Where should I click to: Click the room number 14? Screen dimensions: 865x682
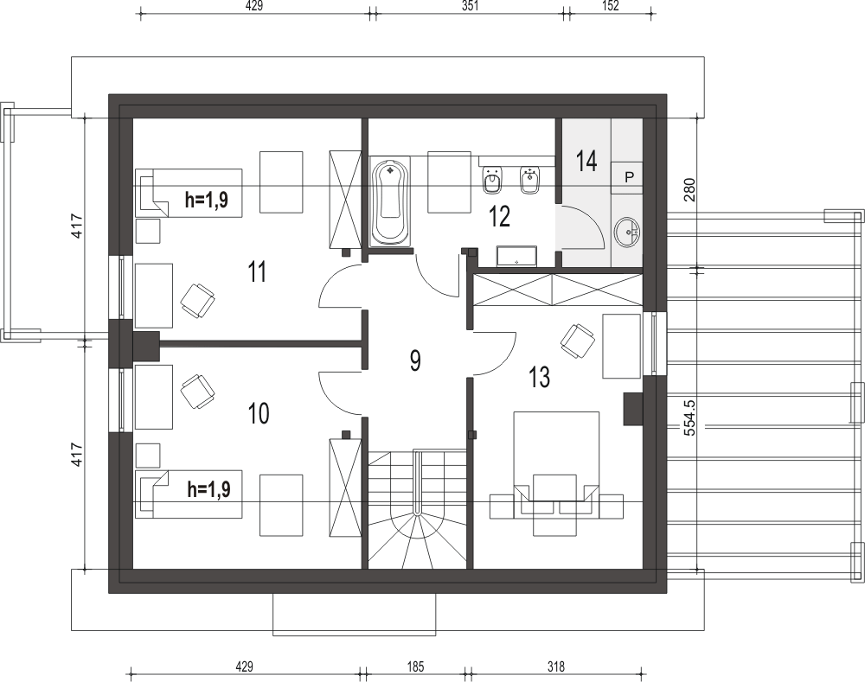586,161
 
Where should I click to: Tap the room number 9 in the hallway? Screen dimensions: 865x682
415,360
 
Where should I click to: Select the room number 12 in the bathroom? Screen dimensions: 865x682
499,216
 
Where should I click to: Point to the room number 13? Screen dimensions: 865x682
539,377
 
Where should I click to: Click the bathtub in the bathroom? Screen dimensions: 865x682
391,201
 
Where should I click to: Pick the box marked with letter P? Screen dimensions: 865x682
629,177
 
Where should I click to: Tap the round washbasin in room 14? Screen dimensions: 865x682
628,232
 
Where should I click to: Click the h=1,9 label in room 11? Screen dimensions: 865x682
207,199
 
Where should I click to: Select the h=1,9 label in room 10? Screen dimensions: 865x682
208,489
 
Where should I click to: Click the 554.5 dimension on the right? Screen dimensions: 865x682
689,417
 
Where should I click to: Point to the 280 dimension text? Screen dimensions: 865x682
689,189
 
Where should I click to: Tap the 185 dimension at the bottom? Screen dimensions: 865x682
415,667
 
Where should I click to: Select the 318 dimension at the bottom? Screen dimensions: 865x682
556,667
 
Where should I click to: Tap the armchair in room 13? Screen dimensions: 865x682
577,340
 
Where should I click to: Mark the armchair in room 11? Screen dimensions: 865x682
197,301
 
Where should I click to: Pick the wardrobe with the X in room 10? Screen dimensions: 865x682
345,488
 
